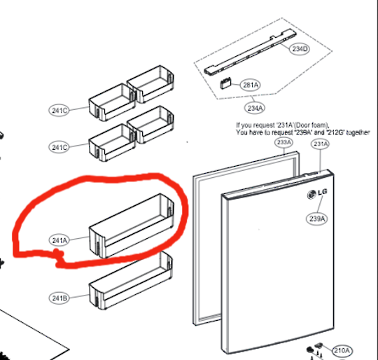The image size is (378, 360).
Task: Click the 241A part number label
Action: click(x=59, y=240)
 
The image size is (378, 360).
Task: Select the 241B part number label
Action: click(x=59, y=298)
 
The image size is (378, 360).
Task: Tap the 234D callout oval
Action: click(x=300, y=49)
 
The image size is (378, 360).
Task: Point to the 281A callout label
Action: click(x=250, y=85)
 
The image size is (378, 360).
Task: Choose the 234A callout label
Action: click(x=255, y=108)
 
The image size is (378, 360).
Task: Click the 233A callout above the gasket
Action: click(x=283, y=143)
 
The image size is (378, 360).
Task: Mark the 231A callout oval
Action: click(x=321, y=144)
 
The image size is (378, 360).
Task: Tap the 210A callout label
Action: click(x=341, y=350)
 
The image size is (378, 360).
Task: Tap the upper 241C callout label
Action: click(x=59, y=109)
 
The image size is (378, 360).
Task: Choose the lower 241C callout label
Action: click(x=59, y=147)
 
